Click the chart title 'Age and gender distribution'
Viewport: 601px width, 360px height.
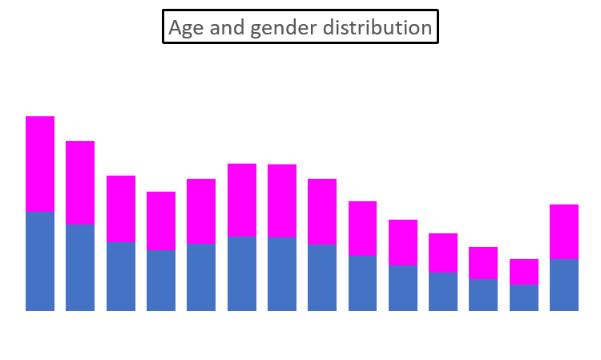click(300, 27)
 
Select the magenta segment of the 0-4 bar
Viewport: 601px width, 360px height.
click(40, 164)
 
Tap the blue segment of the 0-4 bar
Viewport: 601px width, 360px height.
click(40, 261)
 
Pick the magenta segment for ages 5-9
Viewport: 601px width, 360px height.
click(80, 182)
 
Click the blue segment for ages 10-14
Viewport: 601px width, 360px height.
click(121, 276)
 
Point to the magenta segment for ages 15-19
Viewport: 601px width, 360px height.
click(161, 220)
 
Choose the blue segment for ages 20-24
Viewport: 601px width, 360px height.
click(201, 277)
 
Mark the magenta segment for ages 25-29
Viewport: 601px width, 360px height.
click(242, 200)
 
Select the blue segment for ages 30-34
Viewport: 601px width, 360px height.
click(282, 273)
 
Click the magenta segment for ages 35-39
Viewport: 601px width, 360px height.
click(322, 212)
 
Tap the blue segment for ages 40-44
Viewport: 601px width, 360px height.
click(363, 283)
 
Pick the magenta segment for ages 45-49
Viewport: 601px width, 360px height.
click(403, 242)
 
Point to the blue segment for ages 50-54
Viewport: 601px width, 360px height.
click(443, 291)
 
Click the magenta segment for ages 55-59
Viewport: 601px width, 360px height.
click(483, 262)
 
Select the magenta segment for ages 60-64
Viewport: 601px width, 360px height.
click(524, 272)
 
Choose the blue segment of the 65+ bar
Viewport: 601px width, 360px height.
click(564, 285)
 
